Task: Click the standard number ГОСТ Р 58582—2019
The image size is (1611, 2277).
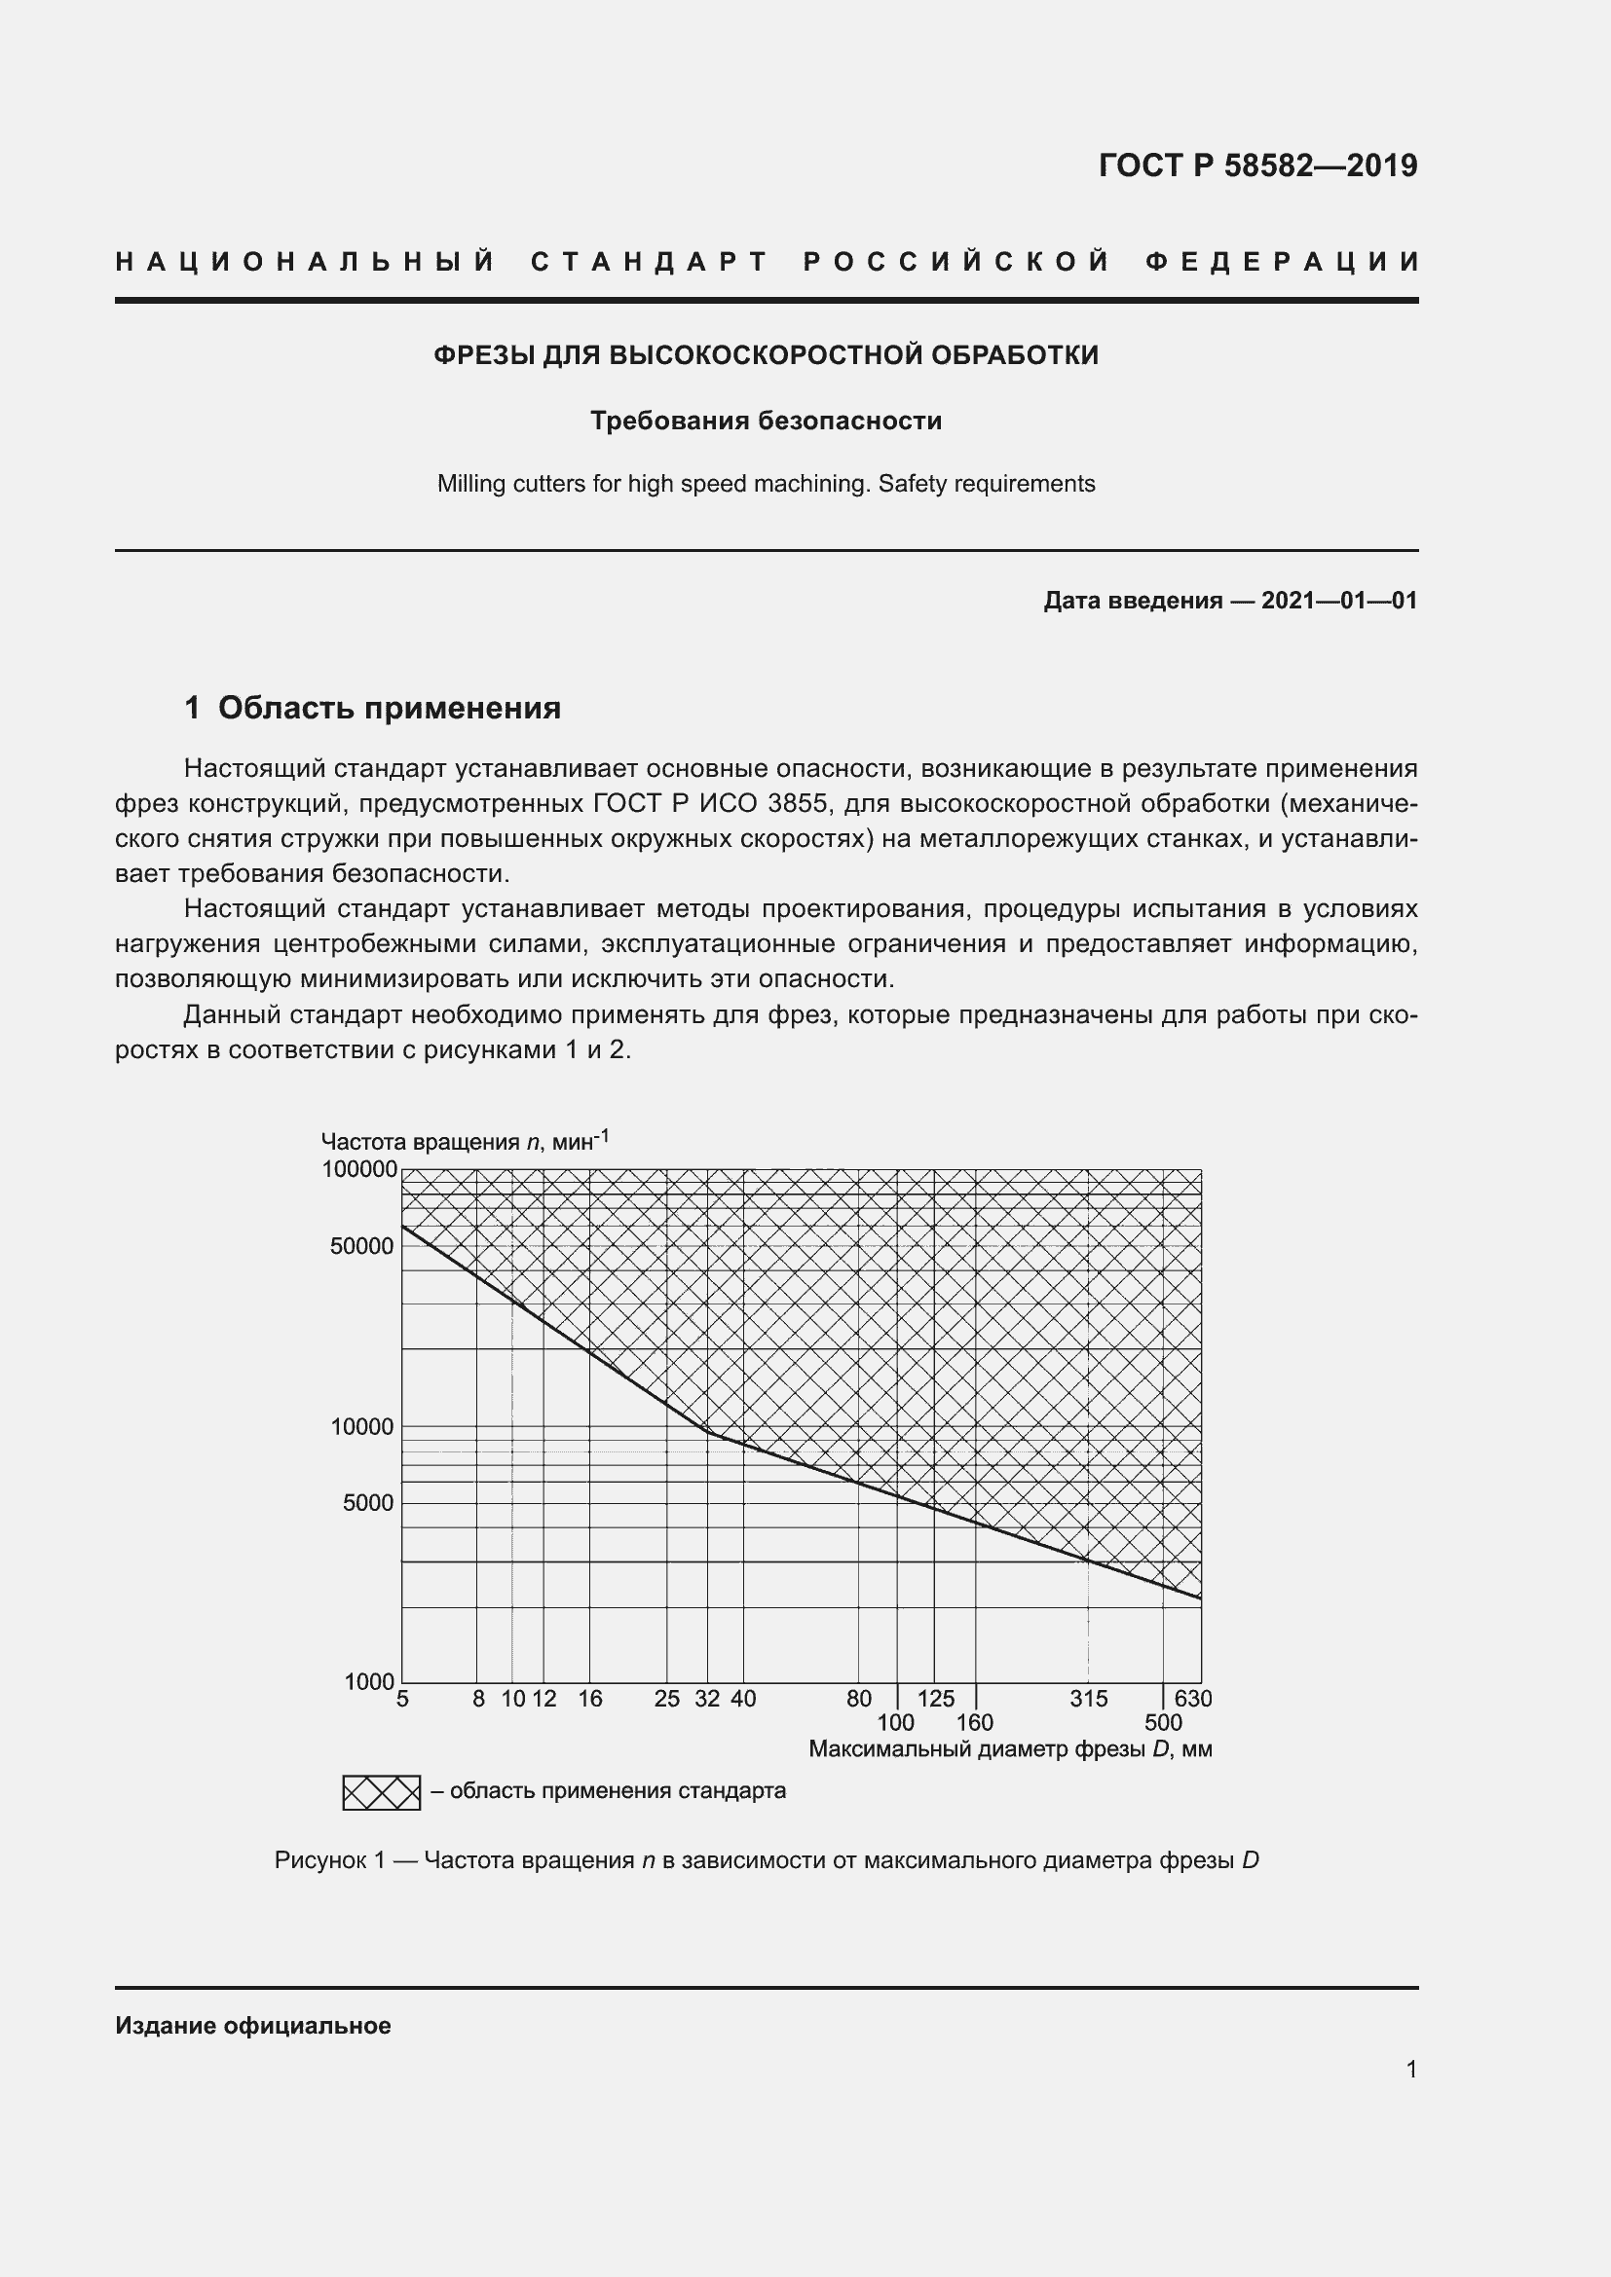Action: point(1256,165)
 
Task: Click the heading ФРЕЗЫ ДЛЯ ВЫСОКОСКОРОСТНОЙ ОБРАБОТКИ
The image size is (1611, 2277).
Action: point(766,355)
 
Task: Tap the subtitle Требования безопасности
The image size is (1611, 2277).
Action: point(766,421)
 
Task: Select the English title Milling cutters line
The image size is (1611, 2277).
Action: point(766,484)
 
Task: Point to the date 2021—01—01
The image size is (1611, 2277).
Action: point(1338,600)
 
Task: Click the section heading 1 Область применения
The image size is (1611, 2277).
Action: point(373,708)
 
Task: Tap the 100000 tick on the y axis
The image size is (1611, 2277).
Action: point(359,1169)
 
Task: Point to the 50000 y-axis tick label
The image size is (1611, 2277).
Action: point(362,1247)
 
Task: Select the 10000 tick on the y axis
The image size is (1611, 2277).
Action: point(362,1427)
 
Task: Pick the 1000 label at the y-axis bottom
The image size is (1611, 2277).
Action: point(369,1682)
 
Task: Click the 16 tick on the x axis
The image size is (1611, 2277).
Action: point(590,1699)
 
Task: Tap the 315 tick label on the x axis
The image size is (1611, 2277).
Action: point(1088,1699)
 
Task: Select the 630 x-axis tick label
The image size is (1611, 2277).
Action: point(1193,1699)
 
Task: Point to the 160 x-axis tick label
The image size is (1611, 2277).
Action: point(974,1724)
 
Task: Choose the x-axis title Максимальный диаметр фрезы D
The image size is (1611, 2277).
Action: point(1010,1749)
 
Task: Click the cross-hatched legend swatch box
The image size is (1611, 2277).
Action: point(382,1793)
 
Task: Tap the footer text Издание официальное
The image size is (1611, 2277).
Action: point(253,2026)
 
